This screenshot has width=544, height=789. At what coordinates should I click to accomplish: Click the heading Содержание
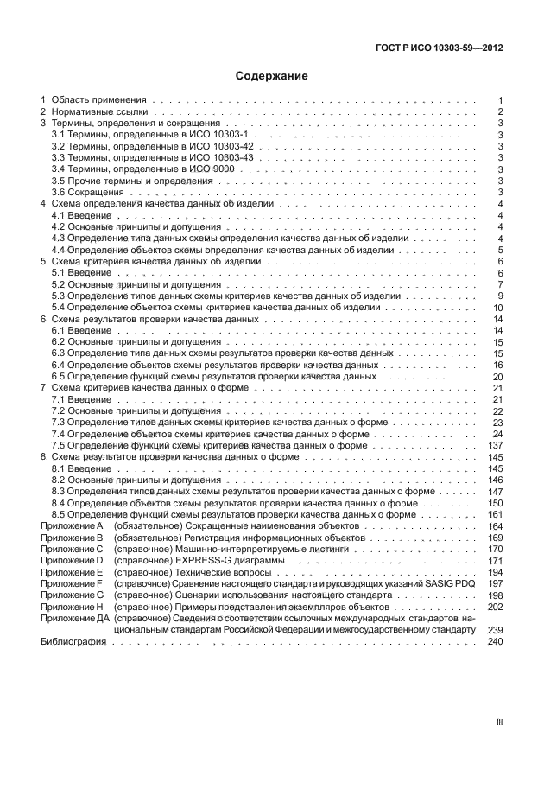point(272,76)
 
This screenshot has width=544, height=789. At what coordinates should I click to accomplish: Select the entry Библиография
point(73,640)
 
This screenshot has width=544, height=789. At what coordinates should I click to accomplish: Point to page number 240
point(496,640)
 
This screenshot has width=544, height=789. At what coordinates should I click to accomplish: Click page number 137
point(496,445)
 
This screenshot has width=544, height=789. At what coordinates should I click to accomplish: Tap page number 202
point(496,607)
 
